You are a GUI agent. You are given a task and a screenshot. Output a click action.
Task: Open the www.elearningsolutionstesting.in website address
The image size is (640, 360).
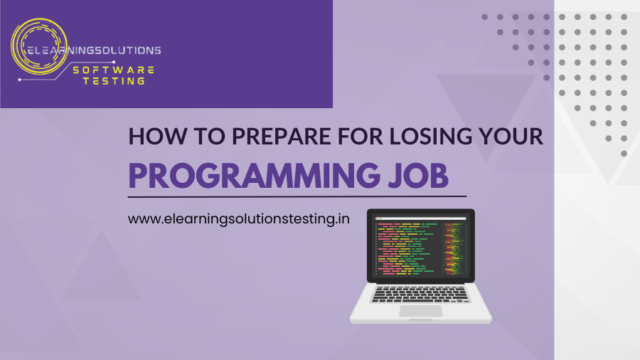point(238,219)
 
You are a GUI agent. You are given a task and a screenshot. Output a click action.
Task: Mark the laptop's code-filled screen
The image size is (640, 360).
point(420,246)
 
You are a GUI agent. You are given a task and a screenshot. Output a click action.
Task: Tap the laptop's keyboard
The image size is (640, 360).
point(420,292)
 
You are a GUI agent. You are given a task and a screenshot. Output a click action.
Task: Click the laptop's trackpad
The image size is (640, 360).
point(420,311)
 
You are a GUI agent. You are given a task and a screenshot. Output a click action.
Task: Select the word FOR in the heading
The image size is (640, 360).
point(362,137)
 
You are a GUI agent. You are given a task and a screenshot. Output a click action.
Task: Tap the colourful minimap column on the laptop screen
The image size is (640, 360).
point(454,246)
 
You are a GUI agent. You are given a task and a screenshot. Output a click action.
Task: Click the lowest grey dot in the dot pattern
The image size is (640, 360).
point(624,153)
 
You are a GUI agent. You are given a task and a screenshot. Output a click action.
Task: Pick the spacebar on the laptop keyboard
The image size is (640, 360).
point(420,300)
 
